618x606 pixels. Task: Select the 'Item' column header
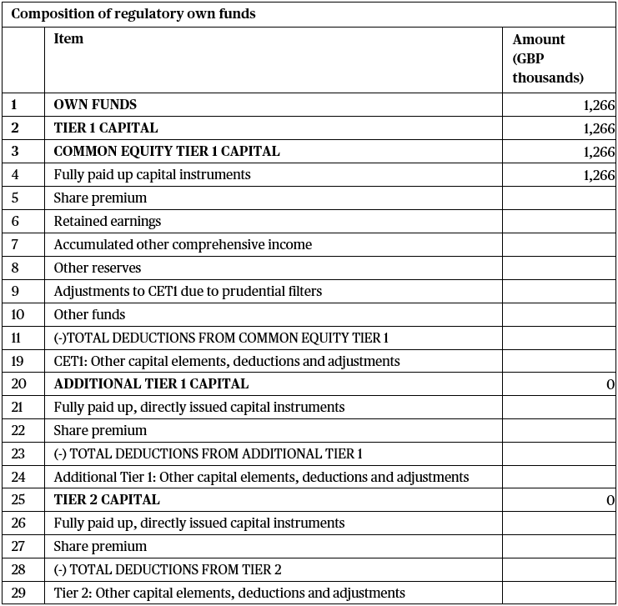click(x=68, y=39)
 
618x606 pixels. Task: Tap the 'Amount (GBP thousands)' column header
click(x=547, y=58)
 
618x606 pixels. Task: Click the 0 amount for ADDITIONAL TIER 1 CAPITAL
click(x=610, y=384)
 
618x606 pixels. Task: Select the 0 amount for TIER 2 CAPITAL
click(x=610, y=500)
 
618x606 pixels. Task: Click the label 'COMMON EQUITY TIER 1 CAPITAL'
click(x=167, y=152)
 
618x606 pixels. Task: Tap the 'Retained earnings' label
click(x=108, y=222)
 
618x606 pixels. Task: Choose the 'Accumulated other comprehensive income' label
click(x=183, y=245)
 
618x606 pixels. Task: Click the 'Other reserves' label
click(x=98, y=268)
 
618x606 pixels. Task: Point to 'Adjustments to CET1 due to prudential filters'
click(x=188, y=292)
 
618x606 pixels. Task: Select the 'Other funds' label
click(x=89, y=315)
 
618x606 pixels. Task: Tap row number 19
click(x=18, y=361)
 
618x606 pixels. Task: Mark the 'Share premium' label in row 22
click(x=100, y=431)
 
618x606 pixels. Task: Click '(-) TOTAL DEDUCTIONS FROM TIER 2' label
click(x=168, y=570)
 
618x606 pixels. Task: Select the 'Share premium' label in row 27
click(x=100, y=547)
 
